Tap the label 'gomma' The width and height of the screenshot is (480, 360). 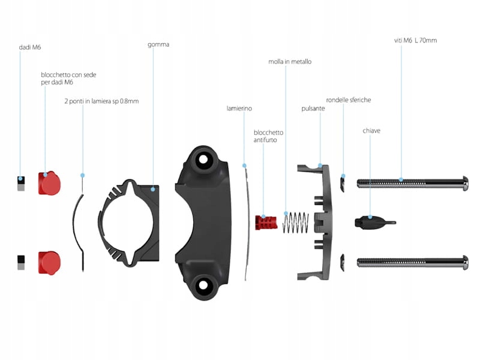click(x=158, y=44)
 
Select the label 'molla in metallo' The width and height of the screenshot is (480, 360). click(x=290, y=61)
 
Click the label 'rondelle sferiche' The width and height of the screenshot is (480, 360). click(x=349, y=100)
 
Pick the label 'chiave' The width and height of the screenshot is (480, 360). click(x=371, y=130)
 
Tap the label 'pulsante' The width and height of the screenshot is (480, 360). click(x=313, y=109)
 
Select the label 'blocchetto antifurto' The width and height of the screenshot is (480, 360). click(x=268, y=136)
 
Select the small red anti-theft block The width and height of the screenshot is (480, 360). click(x=265, y=223)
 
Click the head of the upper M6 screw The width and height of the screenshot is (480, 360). click(x=464, y=182)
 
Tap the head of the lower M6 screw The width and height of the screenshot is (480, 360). click(x=464, y=262)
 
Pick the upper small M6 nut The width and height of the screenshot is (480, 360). click(x=21, y=182)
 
